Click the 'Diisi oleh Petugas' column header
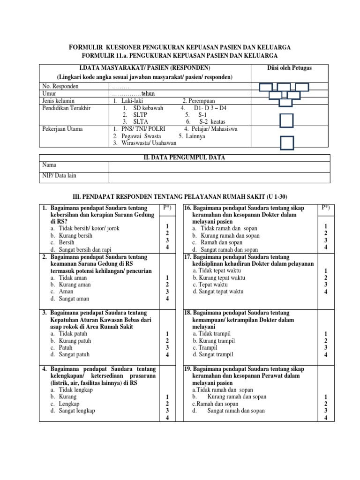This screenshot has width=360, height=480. click(289, 68)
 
